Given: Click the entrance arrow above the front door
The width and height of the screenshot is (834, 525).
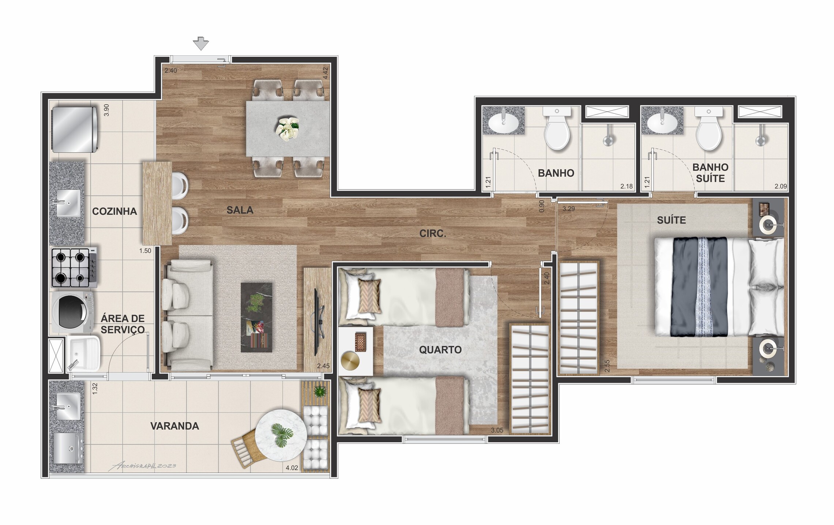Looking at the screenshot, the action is pos(201,44).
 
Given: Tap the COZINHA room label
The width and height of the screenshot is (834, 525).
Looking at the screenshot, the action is pos(114,211).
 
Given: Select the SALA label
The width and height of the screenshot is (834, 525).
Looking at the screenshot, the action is pos(240,210).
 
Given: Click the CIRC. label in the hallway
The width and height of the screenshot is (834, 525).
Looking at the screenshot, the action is pos(433,233).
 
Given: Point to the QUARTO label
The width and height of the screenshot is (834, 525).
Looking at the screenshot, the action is pos(440,350).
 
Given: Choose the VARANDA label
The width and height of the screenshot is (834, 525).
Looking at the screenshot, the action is pos(175,426).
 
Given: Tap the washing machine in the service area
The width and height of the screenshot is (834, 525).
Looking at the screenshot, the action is pos(73,312).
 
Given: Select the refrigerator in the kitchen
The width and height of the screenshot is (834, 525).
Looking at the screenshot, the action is pos(75,129).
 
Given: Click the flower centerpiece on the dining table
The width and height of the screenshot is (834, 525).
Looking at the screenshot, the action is pos(288,128).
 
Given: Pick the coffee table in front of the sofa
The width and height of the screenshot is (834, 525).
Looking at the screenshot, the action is pos(256,317).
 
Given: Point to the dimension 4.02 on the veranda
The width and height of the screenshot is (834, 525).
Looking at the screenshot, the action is pos(292,468).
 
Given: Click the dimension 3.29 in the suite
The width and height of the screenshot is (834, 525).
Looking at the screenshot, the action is pos(568,209).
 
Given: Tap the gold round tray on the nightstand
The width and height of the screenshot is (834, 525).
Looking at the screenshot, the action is pos(350,361).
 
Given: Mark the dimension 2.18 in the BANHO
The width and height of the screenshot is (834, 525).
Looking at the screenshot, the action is pos(627,186).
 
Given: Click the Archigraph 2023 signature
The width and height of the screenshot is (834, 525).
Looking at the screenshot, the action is pos(142,466).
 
